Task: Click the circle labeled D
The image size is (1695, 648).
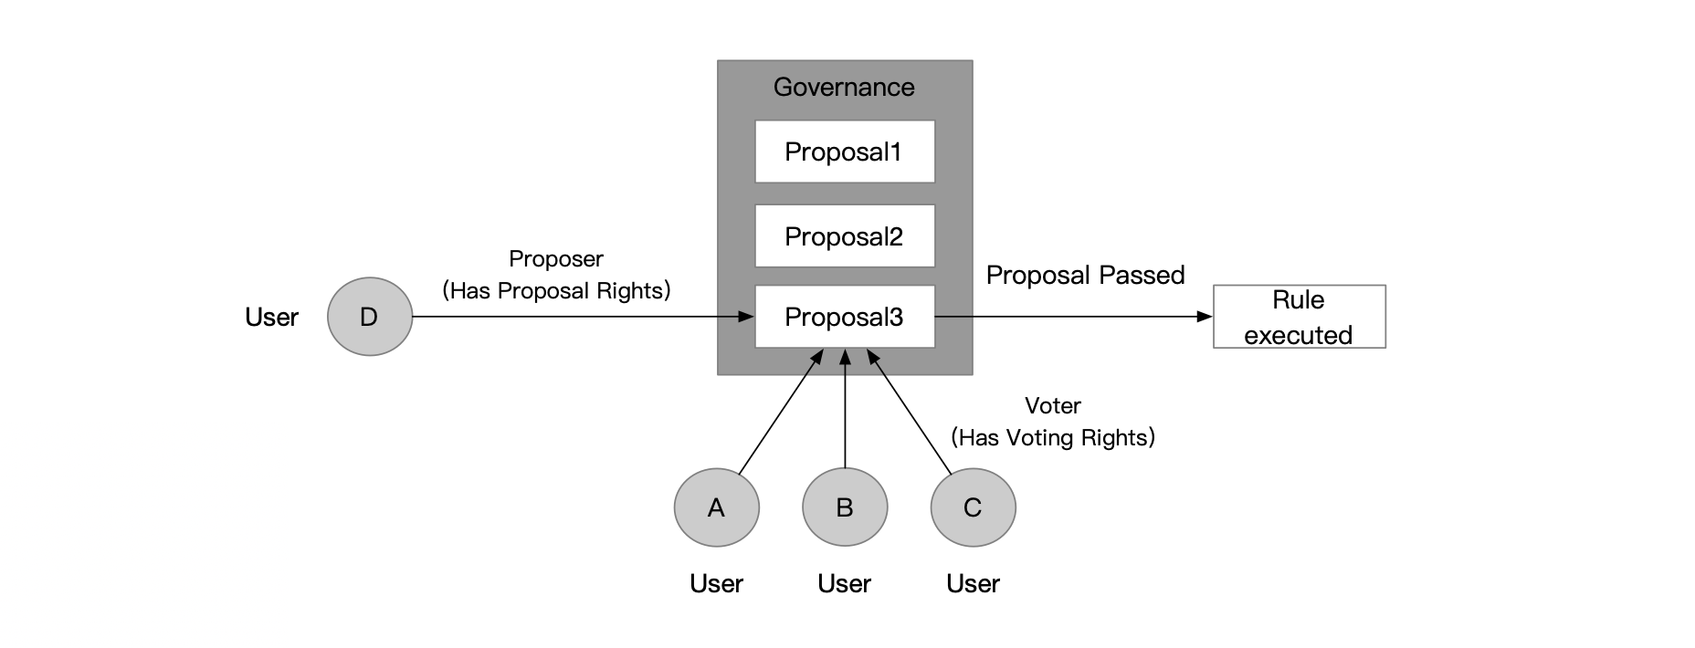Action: coord(370,317)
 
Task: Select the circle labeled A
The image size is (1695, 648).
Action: coord(717,507)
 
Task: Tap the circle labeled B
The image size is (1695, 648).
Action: coord(845,507)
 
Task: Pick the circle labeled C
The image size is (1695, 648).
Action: coord(973,507)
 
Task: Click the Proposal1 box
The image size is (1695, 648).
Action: coord(845,152)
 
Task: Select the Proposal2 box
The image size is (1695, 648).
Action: coord(845,236)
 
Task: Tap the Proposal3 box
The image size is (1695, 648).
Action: coord(845,317)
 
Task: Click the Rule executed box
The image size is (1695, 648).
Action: coord(1299,317)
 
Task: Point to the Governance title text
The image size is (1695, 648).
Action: coord(844,87)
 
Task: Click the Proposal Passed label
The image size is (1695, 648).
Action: coord(1085,275)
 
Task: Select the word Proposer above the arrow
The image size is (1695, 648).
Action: coord(556,259)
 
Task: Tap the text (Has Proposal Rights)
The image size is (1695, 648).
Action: coord(556,291)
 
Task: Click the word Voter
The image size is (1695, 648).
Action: coord(1053,405)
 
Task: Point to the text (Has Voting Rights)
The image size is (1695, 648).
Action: coord(1053,437)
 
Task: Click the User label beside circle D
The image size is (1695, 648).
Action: coord(271,317)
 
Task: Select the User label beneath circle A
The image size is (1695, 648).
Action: coord(717,583)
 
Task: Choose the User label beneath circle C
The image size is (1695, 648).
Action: coord(973,583)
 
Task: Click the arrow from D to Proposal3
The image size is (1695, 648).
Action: coord(584,317)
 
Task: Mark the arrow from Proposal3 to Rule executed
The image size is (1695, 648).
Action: coord(1073,317)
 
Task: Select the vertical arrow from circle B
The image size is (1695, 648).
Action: coord(845,411)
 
